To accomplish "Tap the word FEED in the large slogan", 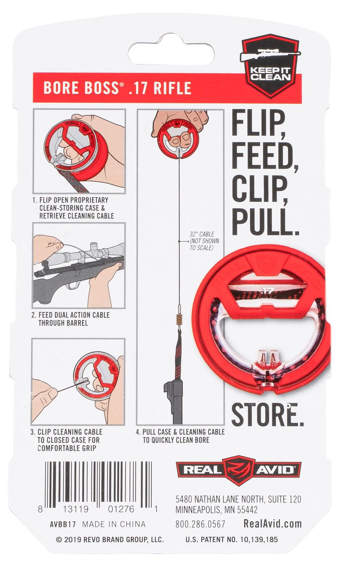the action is (x=265, y=157).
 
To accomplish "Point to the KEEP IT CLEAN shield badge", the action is (x=270, y=66).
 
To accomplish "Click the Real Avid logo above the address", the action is (x=238, y=470).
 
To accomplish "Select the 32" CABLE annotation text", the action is (x=204, y=241).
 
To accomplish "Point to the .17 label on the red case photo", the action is (x=268, y=290).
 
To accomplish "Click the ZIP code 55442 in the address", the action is (x=247, y=509).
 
